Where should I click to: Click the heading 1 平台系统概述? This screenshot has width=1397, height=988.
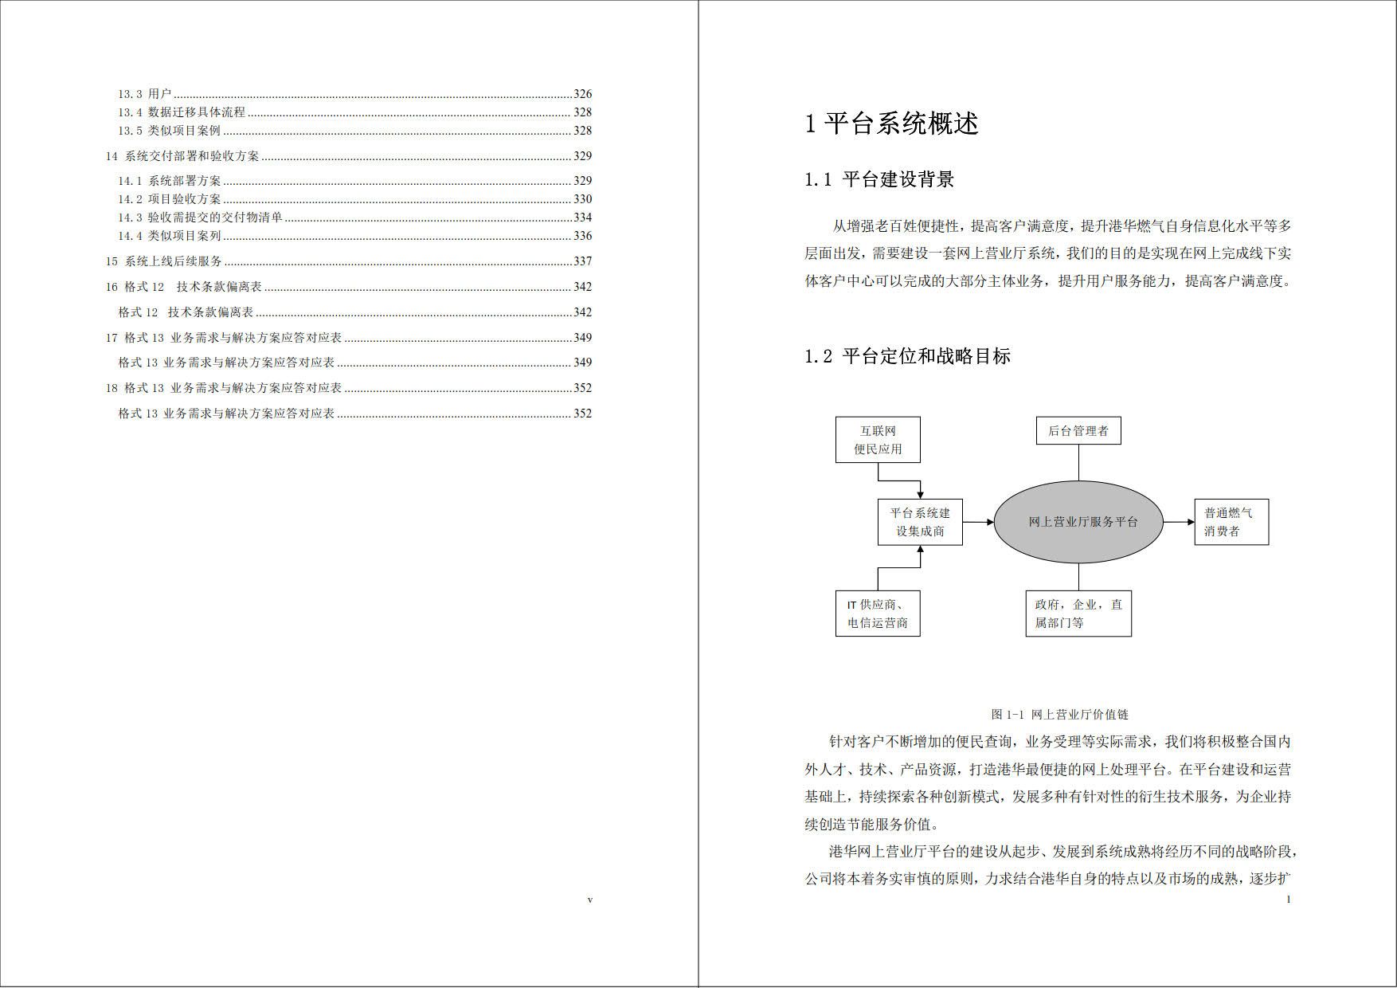coord(891,123)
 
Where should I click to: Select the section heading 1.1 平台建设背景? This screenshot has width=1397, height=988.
coord(879,179)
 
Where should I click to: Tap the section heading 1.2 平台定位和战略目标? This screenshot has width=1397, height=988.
coord(907,356)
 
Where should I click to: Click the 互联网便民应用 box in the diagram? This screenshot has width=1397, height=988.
coord(878,440)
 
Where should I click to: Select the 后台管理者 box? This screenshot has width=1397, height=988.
coord(1078,431)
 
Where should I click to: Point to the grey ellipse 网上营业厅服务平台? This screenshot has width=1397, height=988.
coord(1078,522)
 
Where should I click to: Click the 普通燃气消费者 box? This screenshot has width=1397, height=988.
coord(1231,523)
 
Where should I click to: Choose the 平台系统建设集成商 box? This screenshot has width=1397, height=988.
coord(920,523)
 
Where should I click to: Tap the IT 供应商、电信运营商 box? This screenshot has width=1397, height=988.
coord(878,614)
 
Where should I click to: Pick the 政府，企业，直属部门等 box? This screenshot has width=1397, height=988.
coord(1078,614)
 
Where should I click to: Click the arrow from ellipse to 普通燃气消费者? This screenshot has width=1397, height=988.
coord(1178,523)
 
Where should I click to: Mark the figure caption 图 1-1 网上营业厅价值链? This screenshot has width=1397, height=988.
coord(1059,715)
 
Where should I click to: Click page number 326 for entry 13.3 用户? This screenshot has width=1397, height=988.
coord(582,94)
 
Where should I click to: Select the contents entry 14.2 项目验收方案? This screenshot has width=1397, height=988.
coord(170,199)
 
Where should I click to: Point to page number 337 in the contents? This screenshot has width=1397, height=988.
coord(582,261)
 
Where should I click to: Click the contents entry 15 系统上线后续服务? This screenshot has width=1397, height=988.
coord(164,261)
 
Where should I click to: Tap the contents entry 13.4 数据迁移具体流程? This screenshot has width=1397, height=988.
coord(182,112)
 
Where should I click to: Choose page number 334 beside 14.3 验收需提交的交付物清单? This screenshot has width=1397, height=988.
coord(582,218)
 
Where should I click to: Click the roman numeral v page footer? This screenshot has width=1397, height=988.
coord(589,900)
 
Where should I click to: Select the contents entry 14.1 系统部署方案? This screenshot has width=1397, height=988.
coord(170,181)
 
